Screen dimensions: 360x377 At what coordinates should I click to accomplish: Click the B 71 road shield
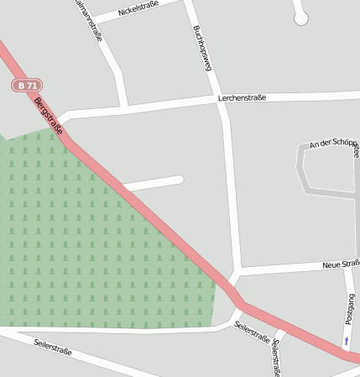coord(26,86)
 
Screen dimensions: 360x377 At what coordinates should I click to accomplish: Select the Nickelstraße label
coord(138,11)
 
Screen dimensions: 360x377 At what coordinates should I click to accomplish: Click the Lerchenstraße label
coord(242,98)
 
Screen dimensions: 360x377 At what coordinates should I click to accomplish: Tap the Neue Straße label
coord(341,264)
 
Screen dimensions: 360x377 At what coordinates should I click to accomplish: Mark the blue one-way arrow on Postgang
coord(346,341)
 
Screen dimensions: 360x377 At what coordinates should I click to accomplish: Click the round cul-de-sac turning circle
coord(301,18)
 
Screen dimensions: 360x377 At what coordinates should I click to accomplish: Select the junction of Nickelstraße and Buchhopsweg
coord(187,4)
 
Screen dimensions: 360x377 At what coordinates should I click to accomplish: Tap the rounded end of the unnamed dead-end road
coord(178,179)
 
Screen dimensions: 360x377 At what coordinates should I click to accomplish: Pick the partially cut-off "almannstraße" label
coord(89,20)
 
